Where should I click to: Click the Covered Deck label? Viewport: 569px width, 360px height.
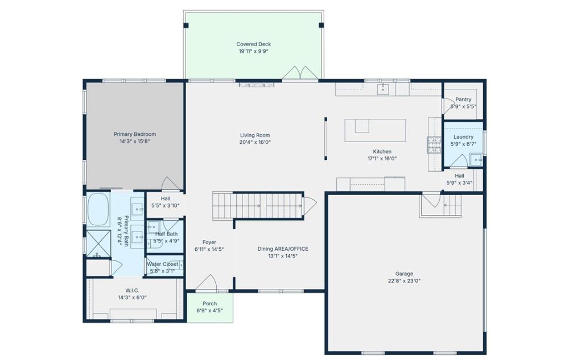253,44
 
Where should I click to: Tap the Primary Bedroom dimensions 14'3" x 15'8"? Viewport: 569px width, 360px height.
135,142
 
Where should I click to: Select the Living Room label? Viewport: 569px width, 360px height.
255,135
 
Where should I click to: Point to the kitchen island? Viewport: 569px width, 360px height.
375,130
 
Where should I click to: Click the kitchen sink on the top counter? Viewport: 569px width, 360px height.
383,89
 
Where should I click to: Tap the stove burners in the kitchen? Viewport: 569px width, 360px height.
434,145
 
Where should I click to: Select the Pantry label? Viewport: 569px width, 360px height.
463,100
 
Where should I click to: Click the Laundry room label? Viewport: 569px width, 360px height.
463,137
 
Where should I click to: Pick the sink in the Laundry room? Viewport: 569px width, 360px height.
476,159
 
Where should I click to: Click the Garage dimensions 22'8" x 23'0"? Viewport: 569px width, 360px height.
404,280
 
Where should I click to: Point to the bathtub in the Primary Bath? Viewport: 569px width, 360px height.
98,209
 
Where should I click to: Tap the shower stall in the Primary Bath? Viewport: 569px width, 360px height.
98,243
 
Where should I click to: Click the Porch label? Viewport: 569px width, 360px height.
210,304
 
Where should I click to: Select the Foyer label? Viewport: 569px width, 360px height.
209,242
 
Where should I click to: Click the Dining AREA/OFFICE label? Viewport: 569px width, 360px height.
283,249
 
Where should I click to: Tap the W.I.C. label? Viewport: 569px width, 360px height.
132,291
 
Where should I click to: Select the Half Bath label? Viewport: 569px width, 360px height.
166,234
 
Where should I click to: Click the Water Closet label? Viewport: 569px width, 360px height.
162,264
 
